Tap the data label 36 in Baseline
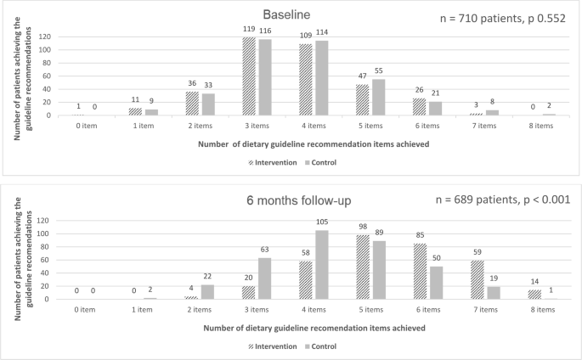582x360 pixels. pyautogui.click(x=192, y=83)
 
